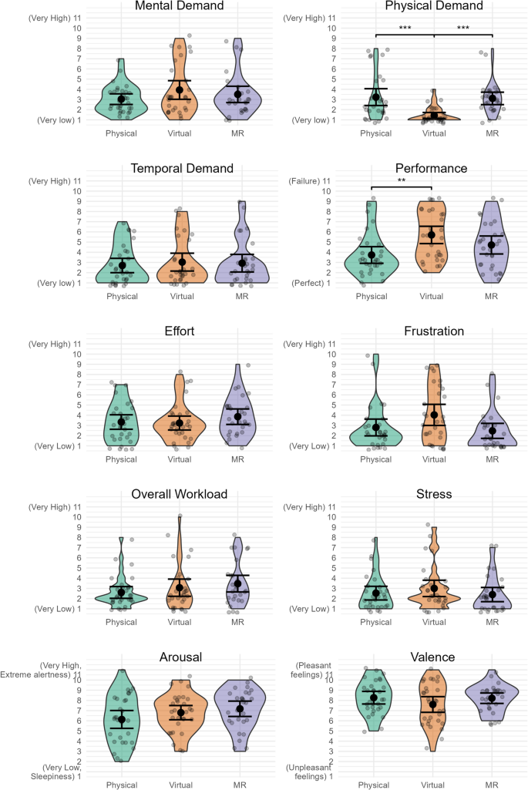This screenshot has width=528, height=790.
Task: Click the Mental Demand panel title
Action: (x=179, y=6)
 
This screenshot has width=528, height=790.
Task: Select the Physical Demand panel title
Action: (x=434, y=6)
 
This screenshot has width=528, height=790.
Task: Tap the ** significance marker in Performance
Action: (x=402, y=181)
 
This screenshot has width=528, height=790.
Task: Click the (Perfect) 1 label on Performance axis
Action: (x=311, y=283)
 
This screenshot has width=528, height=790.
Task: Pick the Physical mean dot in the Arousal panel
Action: (x=121, y=719)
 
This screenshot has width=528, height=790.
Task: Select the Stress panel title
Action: (x=434, y=494)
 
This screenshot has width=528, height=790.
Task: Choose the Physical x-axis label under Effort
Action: (x=121, y=459)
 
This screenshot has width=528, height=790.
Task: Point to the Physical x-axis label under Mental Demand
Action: (x=121, y=133)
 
